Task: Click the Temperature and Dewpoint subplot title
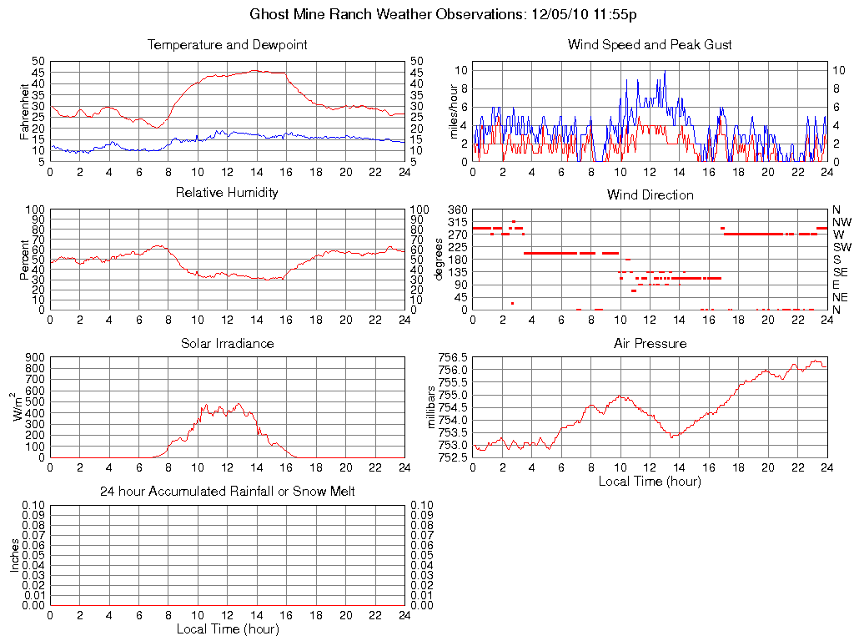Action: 227,45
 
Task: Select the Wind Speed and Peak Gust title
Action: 650,45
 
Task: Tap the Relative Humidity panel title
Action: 227,193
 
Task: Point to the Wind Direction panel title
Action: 650,195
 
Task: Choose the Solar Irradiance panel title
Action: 227,344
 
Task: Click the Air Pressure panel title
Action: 650,344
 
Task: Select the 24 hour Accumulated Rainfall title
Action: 227,492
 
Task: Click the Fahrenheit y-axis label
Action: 26,110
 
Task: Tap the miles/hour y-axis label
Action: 455,110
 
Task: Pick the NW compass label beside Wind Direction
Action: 841,222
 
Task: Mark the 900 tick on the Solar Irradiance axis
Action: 33,357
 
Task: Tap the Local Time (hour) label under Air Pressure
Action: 650,481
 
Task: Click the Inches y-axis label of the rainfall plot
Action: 14,554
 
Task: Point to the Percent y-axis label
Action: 26,260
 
